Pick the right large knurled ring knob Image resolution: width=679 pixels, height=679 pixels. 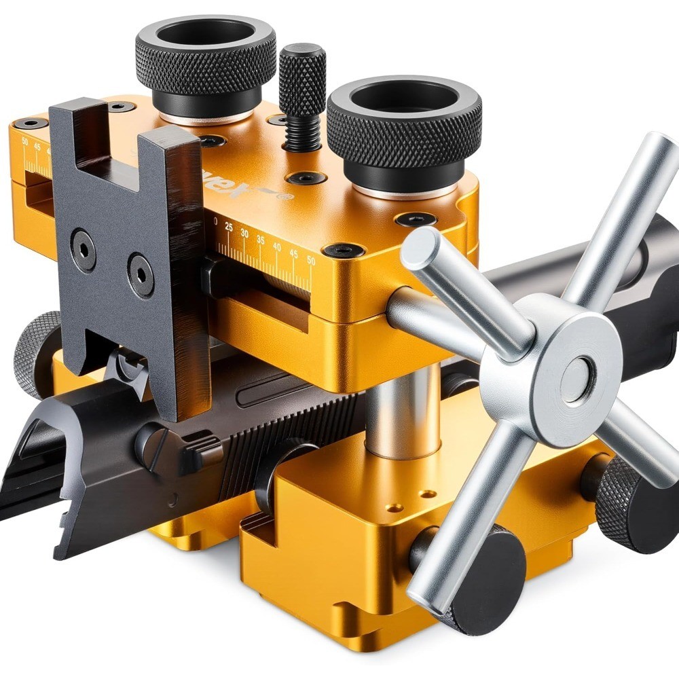[405, 126]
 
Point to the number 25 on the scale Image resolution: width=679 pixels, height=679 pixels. [229, 227]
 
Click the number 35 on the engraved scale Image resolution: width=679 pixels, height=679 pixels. [261, 239]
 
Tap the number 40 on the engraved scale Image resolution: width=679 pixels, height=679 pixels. [277, 245]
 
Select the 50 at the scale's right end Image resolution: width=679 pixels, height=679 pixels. [310, 259]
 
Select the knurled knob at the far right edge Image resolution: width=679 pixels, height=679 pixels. [628, 502]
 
